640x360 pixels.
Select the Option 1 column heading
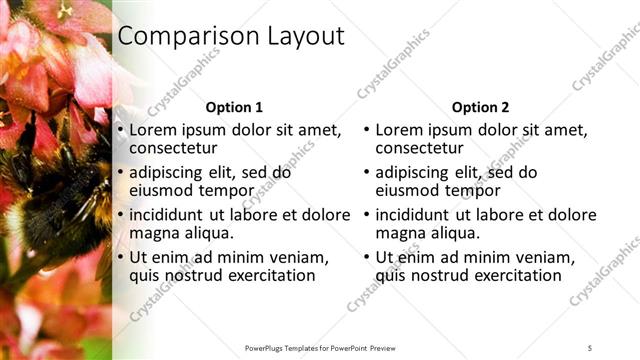[234, 107]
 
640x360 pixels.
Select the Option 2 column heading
[480, 107]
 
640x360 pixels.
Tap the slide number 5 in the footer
[590, 348]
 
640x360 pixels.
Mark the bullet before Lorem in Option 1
[120, 130]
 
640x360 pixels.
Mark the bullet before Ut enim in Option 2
[366, 257]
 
